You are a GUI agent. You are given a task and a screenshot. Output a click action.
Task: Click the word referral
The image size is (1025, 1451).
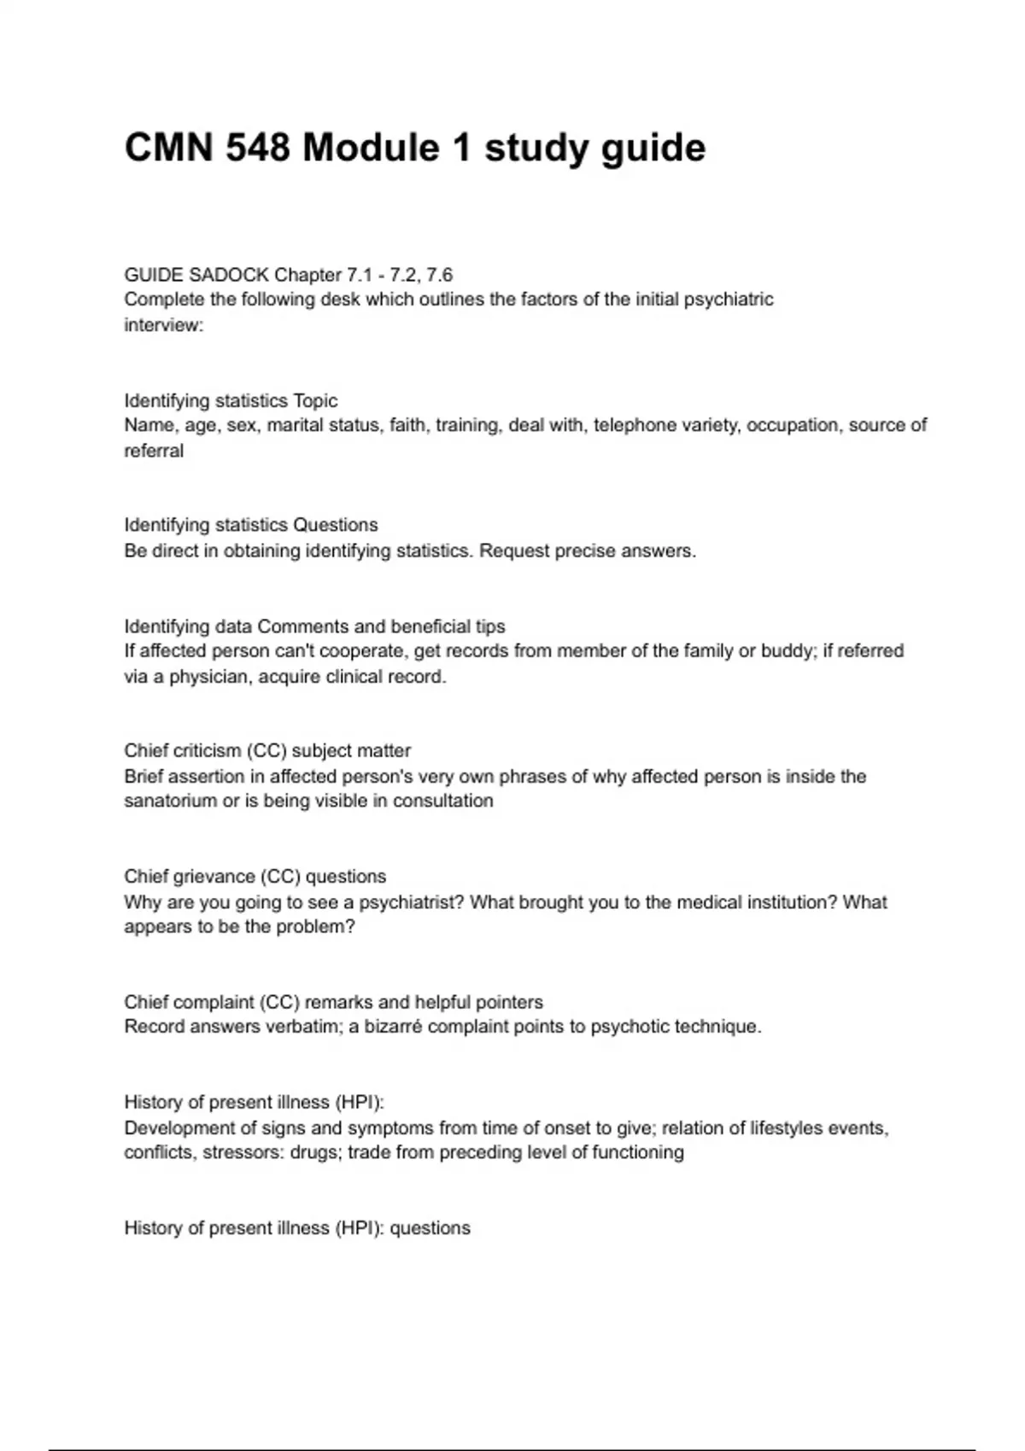click(154, 451)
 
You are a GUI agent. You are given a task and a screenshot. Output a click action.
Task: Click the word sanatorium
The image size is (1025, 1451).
click(170, 801)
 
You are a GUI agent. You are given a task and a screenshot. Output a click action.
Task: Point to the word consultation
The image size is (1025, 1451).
click(443, 801)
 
